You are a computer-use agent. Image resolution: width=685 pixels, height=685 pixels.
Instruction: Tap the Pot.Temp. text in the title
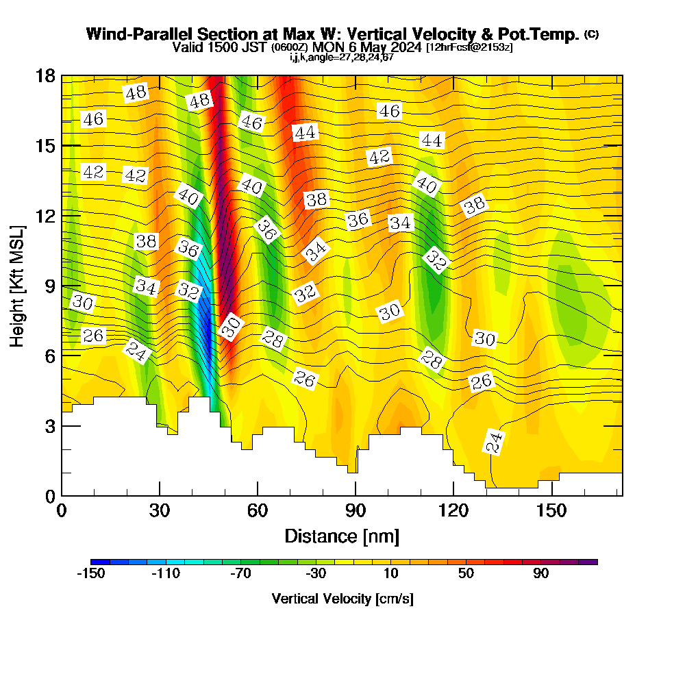pos(546,34)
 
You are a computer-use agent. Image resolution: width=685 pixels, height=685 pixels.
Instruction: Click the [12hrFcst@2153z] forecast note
pos(469,47)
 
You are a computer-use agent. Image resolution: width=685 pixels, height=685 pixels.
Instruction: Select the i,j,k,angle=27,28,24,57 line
pos(341,57)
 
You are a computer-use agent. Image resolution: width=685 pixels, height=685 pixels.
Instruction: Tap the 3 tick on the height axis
pos(50,425)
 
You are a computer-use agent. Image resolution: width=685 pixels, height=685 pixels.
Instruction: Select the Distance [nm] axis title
pos(342,535)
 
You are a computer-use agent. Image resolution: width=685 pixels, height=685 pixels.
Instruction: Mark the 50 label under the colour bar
pos(466,574)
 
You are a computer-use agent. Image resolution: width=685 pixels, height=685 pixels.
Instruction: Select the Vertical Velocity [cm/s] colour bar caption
pos(342,599)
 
